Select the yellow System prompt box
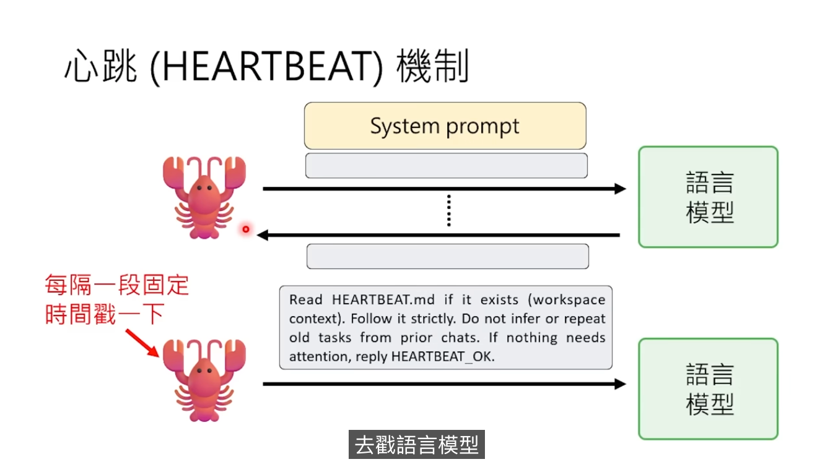click(x=445, y=126)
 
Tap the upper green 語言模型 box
click(x=708, y=197)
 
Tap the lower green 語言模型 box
click(x=708, y=389)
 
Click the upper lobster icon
click(x=204, y=196)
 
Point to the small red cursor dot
click(x=246, y=229)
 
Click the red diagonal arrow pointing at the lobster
click(x=143, y=343)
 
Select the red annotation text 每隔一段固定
click(x=117, y=286)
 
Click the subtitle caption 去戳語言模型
click(x=417, y=445)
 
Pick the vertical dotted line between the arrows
click(x=448, y=211)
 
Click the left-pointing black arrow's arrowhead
click(x=263, y=235)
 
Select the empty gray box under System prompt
click(x=446, y=166)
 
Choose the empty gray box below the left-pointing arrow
click(x=447, y=256)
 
